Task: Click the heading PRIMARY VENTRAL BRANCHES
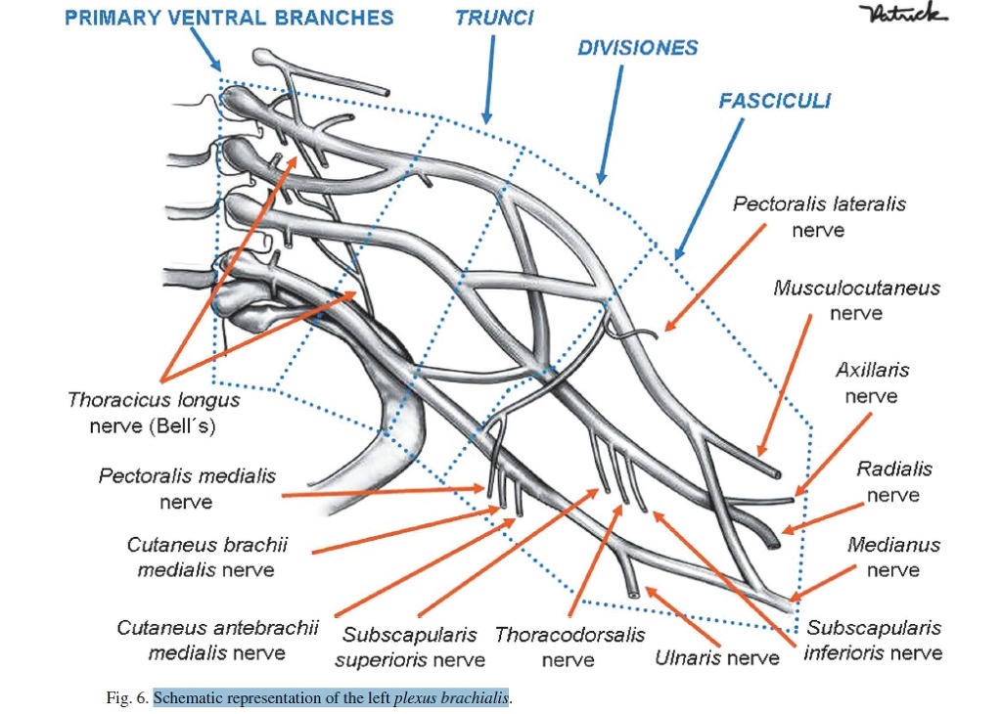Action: coord(229,18)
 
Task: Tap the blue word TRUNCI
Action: coord(494,18)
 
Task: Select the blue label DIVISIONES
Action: coord(637,48)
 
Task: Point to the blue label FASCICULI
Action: coord(774,101)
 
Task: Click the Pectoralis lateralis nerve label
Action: coord(819,217)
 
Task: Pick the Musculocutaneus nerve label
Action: coord(856,300)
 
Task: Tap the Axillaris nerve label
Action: coord(872,382)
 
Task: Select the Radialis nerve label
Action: coord(894,481)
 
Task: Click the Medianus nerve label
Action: coord(893,557)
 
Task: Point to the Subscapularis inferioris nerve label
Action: coord(873,640)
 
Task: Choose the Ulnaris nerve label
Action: coord(717,657)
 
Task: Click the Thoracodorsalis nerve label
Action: coord(569,647)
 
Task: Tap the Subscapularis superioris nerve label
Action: coord(409,647)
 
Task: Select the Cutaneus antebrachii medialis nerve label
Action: coord(217,640)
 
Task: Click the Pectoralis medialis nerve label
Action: coord(187,488)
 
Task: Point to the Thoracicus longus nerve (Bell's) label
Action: coord(154,413)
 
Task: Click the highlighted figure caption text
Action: coord(332,698)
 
